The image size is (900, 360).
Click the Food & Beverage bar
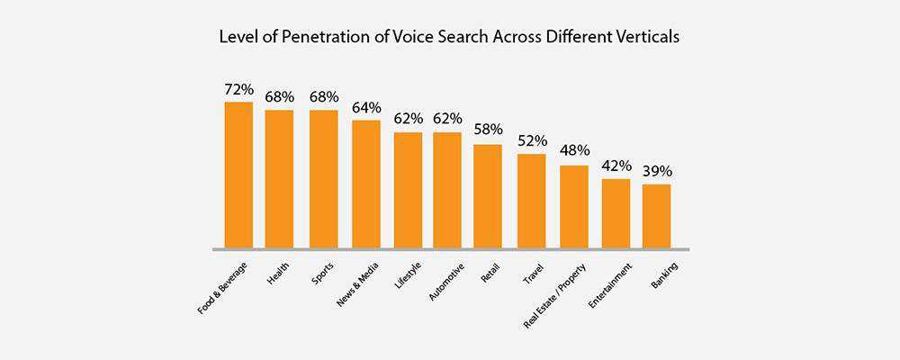pos(238,175)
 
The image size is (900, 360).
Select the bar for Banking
pos(656,216)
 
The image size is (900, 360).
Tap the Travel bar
pos(531,201)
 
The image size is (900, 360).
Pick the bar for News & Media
pos(365,184)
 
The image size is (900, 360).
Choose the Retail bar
pos(488,195)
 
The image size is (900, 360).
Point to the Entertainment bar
pos(616,213)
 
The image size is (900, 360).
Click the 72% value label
pos(238,90)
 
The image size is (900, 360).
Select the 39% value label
pos(657,172)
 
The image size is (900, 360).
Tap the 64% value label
pos(366,108)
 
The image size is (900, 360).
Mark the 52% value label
pos(532,141)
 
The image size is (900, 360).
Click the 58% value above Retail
pos(489,131)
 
